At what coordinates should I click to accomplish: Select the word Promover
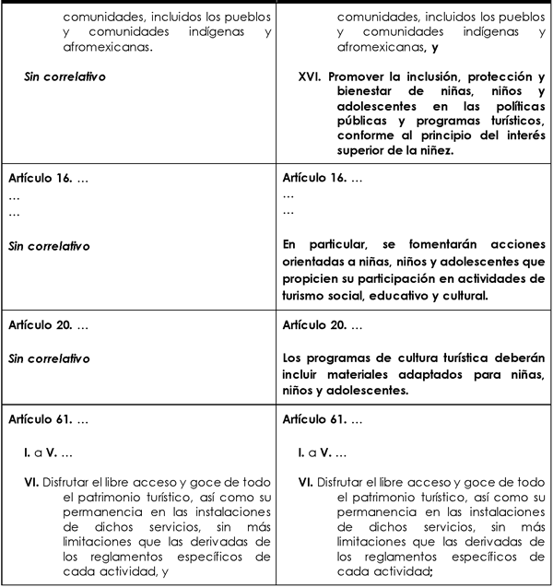click(366, 76)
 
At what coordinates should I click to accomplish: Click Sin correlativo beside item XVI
click(64, 76)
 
